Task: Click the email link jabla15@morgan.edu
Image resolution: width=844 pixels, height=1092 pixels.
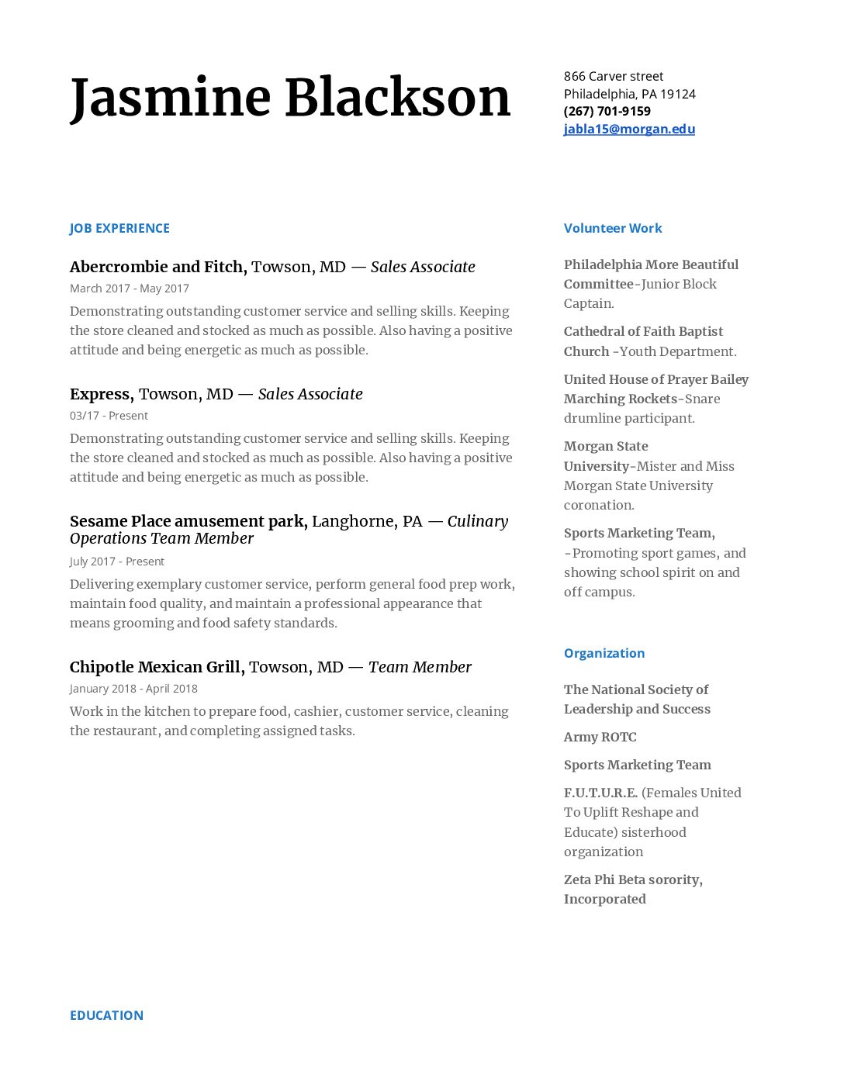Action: tap(629, 129)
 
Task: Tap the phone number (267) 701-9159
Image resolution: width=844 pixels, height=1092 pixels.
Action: tap(607, 111)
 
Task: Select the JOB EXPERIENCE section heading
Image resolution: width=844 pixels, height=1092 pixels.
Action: tap(119, 228)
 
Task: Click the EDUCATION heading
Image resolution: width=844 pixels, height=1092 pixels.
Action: tap(106, 1015)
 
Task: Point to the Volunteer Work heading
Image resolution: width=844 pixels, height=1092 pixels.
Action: tap(613, 228)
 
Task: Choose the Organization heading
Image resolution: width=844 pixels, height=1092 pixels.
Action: tap(604, 653)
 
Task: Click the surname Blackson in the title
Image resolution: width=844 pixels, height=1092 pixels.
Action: tap(398, 98)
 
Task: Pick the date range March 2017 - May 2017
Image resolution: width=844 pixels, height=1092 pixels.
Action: tap(130, 289)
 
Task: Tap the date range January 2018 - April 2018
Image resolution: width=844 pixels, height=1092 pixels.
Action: tap(133, 689)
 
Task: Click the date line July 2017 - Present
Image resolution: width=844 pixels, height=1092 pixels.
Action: tap(117, 562)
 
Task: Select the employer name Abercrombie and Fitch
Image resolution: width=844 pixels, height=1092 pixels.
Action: tap(157, 267)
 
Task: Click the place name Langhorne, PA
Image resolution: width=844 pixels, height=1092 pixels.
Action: tap(367, 521)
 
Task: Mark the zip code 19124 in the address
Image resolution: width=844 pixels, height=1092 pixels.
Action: tap(678, 94)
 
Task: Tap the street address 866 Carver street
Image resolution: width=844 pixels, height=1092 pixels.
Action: tap(614, 76)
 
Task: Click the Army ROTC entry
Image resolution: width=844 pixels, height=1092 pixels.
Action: tap(600, 737)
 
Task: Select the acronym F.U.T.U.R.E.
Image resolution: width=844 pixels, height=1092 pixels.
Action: tap(600, 793)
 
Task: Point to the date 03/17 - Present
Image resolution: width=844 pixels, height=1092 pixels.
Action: tap(109, 416)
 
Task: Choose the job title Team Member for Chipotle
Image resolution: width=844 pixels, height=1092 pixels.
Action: tap(420, 667)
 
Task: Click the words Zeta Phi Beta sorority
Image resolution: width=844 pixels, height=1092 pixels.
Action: tap(632, 879)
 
